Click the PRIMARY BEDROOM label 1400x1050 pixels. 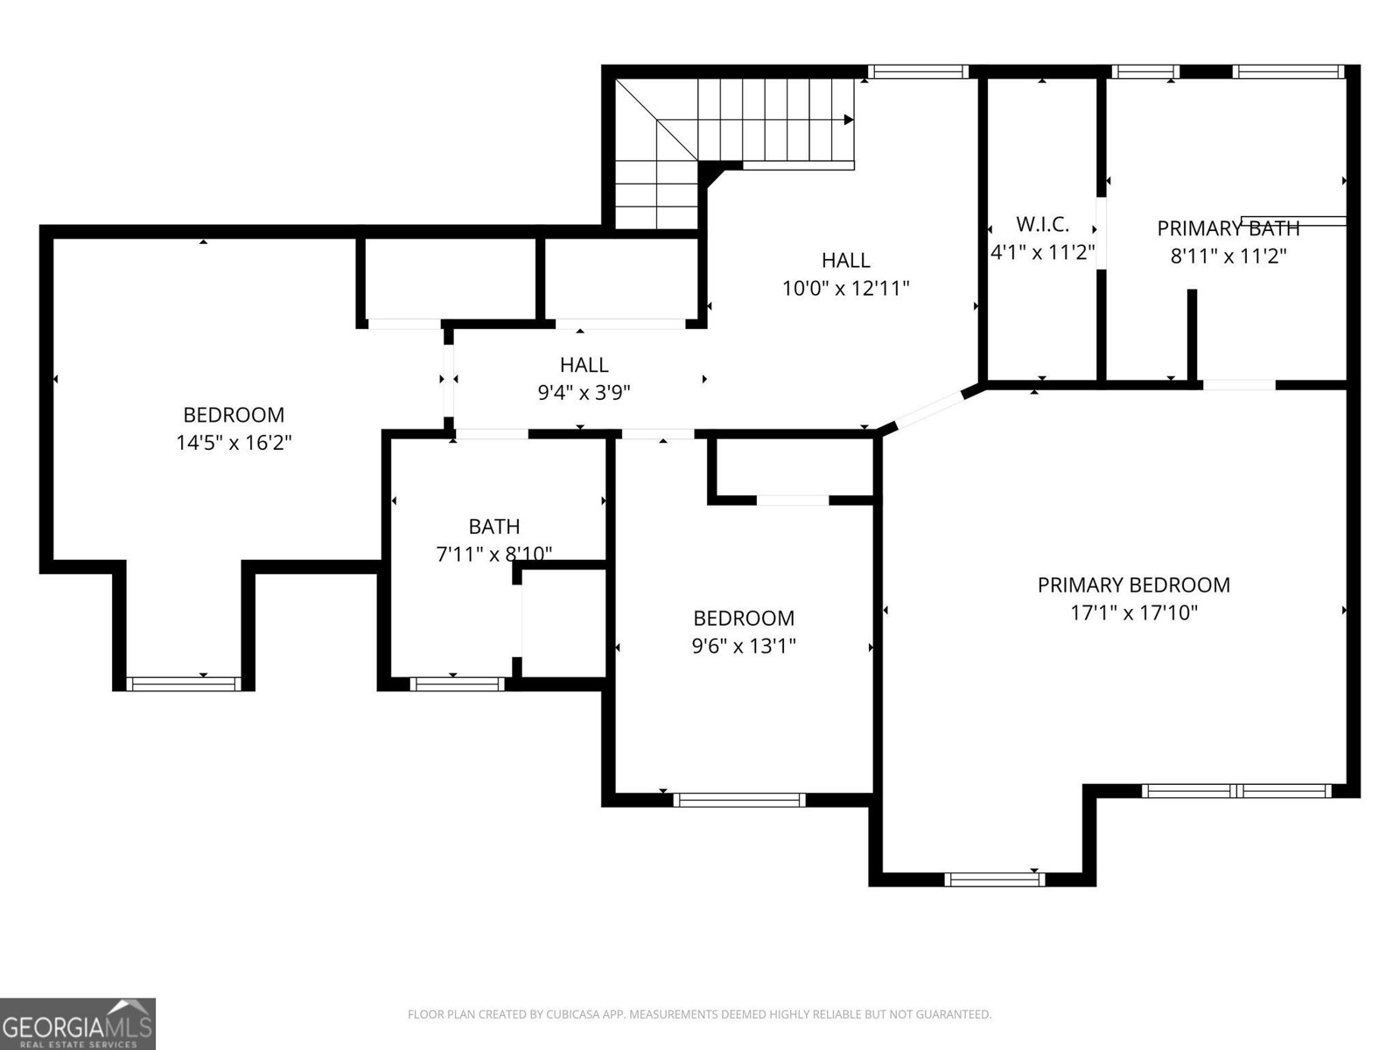1133,584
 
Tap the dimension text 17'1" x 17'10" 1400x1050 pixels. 1133,612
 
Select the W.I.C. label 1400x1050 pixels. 1042,224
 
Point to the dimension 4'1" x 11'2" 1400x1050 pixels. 1042,253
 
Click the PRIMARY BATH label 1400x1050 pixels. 1228,228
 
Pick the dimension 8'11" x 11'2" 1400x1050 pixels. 1228,256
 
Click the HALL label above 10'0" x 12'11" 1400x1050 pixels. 845,260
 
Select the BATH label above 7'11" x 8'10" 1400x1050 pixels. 494,527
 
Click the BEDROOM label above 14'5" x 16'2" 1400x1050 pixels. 234,415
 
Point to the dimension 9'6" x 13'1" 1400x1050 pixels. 743,647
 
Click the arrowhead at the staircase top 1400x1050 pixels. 849,120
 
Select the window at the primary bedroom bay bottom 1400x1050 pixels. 995,878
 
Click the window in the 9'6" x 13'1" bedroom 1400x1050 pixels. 739,799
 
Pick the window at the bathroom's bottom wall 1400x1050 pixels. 458,683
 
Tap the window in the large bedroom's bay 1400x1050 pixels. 184,683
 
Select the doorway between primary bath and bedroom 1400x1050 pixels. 1239,384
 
